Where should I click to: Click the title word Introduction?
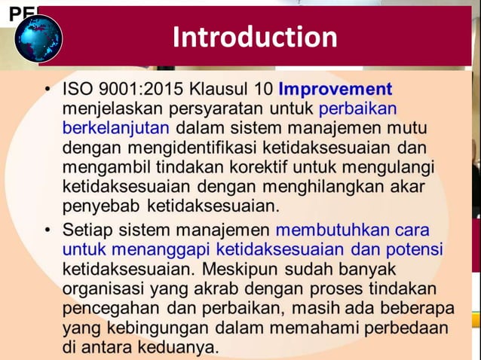255,37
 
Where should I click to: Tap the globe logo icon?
39,38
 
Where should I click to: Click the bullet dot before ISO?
47,90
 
